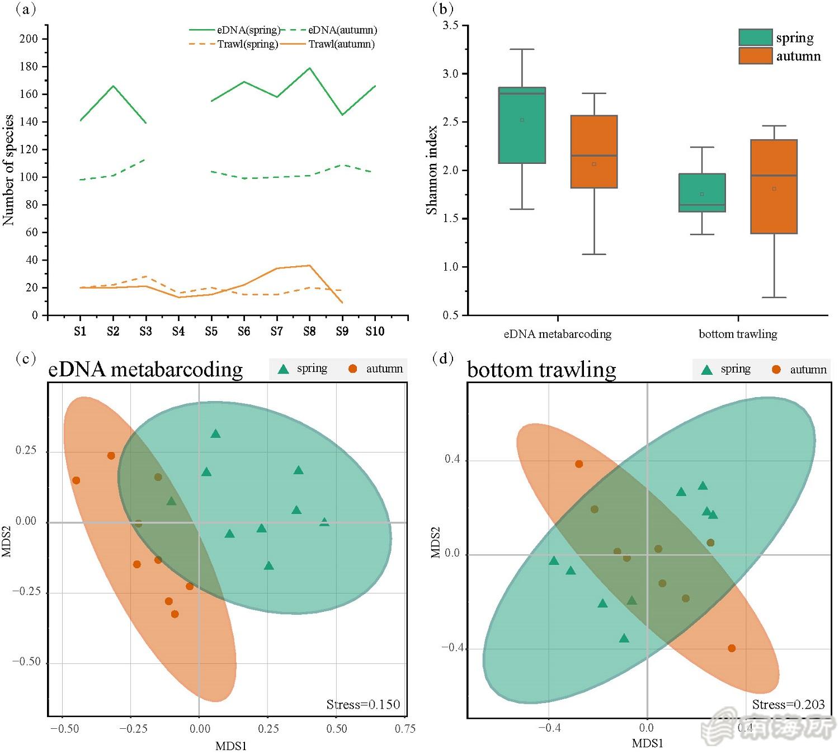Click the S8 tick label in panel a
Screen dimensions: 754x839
coord(309,332)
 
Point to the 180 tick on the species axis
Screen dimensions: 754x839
coord(29,67)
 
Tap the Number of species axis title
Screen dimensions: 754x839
coord(8,170)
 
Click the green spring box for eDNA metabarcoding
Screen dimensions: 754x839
coord(522,125)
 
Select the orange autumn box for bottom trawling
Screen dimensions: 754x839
coord(774,186)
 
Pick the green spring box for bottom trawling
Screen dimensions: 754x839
coord(702,192)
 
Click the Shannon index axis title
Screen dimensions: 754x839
coord(432,170)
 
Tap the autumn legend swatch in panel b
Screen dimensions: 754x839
coord(755,56)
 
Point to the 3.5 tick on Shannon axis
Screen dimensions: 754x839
coord(450,26)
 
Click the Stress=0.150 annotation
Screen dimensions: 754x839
coord(363,705)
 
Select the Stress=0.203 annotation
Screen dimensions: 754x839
coord(788,705)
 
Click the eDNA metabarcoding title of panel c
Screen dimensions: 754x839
coord(145,370)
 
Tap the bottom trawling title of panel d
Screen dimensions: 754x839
coord(541,370)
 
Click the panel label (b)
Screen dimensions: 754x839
coord(443,8)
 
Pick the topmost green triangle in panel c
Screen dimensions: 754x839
coord(215,434)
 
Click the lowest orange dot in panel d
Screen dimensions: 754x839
coord(732,648)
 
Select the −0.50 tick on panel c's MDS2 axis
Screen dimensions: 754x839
coord(27,662)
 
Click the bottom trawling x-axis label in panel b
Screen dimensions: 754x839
coord(738,334)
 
